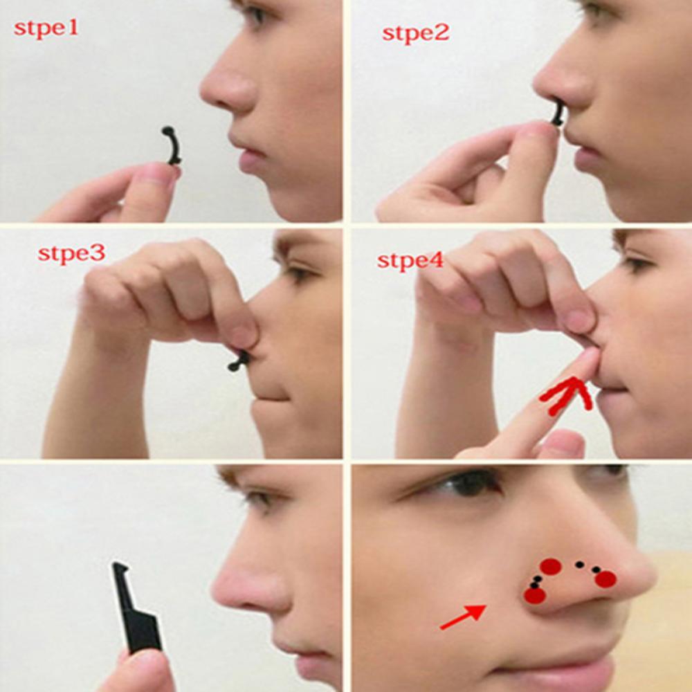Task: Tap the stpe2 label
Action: (415, 32)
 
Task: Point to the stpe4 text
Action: (410, 261)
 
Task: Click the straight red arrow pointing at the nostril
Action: (462, 617)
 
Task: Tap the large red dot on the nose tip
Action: (605, 579)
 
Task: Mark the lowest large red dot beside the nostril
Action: (534, 595)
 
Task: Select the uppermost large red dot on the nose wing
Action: (550, 567)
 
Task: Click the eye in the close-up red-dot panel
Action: (471, 484)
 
